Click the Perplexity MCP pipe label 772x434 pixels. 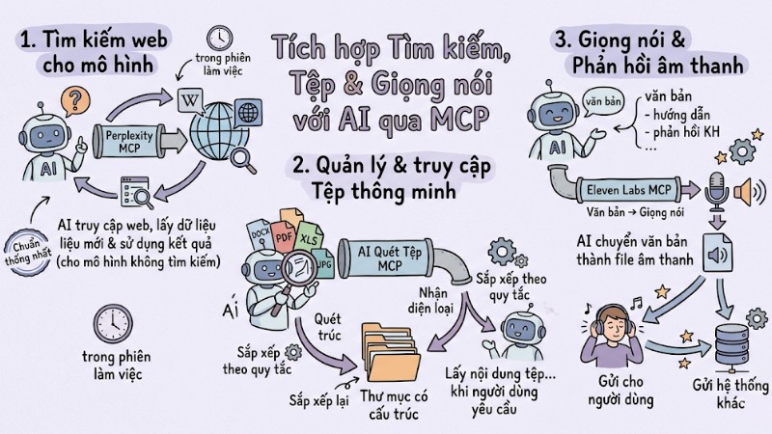pos(129,141)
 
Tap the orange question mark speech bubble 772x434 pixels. pos(75,101)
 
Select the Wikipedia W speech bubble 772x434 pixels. pos(190,101)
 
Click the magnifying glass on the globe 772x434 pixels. pos(243,161)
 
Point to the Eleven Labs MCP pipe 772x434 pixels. pos(628,189)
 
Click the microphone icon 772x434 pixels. pos(716,190)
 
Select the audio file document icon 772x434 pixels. pos(717,253)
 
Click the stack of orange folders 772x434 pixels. pos(391,353)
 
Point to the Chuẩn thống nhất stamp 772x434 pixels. pos(28,253)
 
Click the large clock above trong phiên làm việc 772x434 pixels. pos(113,324)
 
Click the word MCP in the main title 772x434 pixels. pos(459,119)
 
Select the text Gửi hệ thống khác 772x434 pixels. pos(731,393)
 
